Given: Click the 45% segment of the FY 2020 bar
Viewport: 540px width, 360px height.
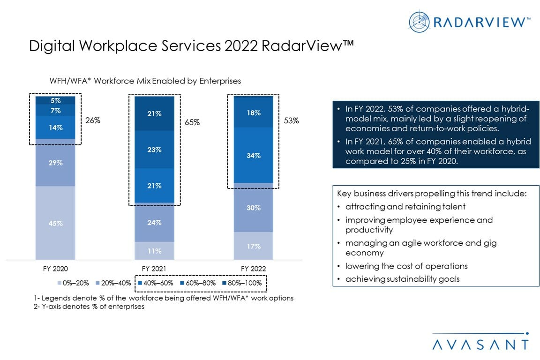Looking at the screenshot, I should (55, 223).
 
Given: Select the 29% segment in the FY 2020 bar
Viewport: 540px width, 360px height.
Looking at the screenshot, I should (55, 163).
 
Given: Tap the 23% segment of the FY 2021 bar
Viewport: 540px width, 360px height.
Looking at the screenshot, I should (154, 150).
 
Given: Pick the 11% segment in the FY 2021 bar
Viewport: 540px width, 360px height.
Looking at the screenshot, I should (154, 251).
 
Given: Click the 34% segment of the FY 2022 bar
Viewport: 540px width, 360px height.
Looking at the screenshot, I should (254, 155).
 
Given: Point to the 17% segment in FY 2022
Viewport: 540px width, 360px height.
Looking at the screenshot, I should (254, 246).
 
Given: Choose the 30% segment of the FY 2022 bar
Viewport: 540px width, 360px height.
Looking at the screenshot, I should (254, 208).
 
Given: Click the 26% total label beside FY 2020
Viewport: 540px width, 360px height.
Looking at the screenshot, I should (93, 120).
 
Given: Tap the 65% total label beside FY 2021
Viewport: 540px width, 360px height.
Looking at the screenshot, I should (192, 122).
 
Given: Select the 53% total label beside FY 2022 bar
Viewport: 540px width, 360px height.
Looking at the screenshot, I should (291, 120).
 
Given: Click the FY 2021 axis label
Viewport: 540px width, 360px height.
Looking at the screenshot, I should (154, 269).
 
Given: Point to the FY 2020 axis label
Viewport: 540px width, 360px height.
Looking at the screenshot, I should (55, 269).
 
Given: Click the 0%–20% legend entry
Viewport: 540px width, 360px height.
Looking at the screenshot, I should (74, 283).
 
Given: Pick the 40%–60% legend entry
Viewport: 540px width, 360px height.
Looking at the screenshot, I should (156, 283).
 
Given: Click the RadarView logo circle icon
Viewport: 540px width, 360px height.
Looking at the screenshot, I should (419, 22).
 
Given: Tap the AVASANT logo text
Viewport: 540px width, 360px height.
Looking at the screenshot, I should (480, 345).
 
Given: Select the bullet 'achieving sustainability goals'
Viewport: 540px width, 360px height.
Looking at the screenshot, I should (402, 279).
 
